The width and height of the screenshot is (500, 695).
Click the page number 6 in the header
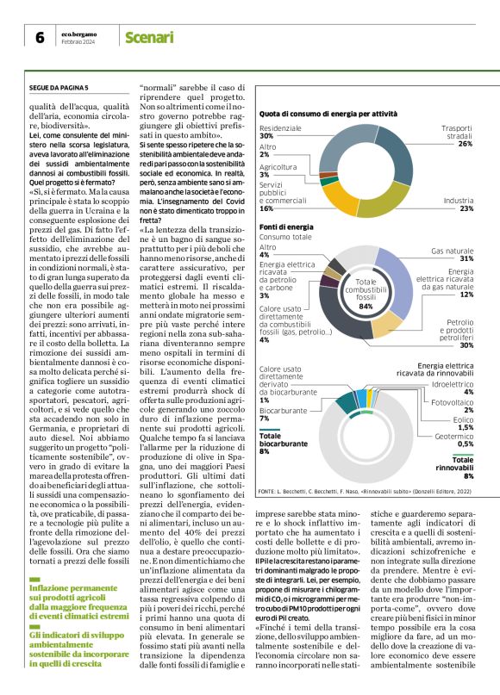tap(40, 38)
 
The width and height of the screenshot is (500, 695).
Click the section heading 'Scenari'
tap(149, 38)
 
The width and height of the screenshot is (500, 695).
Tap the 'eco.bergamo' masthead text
tap(83, 33)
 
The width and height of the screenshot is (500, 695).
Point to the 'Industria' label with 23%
tap(458, 204)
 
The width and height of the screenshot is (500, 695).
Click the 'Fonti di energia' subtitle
tap(286, 226)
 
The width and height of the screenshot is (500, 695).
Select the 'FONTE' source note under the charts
tap(362, 491)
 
